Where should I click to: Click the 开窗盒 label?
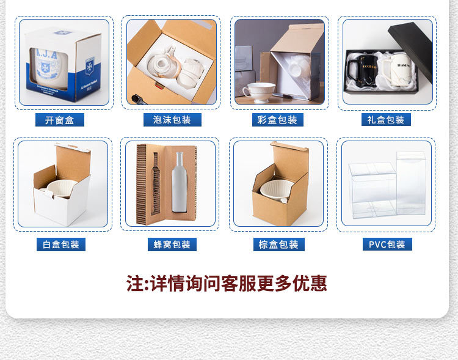[59, 120]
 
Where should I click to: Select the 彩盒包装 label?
[278, 120]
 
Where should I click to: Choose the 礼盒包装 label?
[386, 120]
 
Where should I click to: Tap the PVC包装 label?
[387, 245]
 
